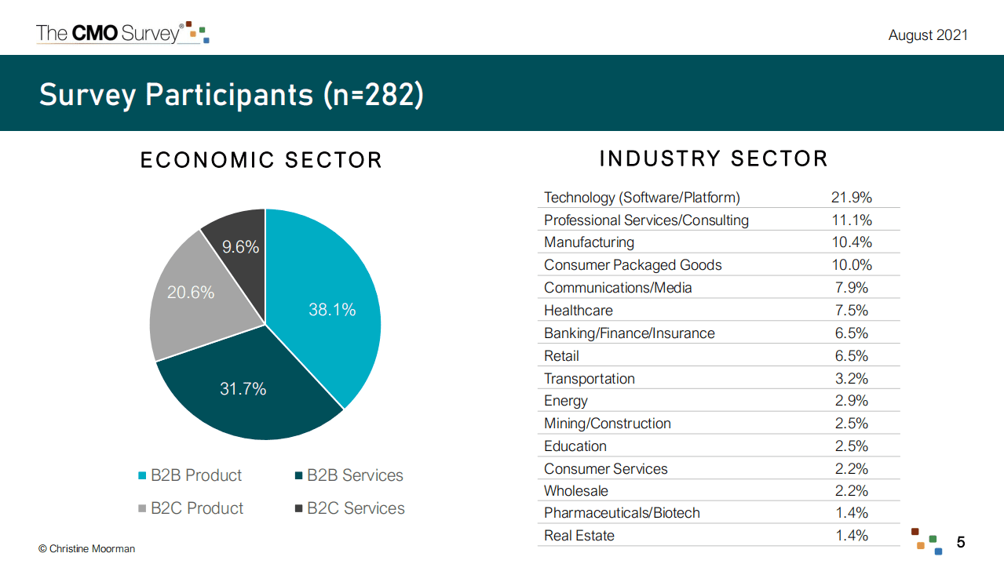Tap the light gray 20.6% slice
[x=192, y=298]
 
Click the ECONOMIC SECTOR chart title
[x=261, y=160]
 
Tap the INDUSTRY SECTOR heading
[x=714, y=158]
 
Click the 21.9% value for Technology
[x=851, y=198]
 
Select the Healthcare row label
[x=578, y=311]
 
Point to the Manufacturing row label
[x=589, y=242]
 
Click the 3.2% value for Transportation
[x=851, y=379]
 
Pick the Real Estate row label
[x=579, y=536]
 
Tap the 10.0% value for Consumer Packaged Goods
[x=851, y=265]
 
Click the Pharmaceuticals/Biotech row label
[x=622, y=513]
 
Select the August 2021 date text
[x=927, y=35]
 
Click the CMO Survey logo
[x=122, y=33]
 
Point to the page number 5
[x=961, y=542]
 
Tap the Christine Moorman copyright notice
[x=86, y=549]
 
